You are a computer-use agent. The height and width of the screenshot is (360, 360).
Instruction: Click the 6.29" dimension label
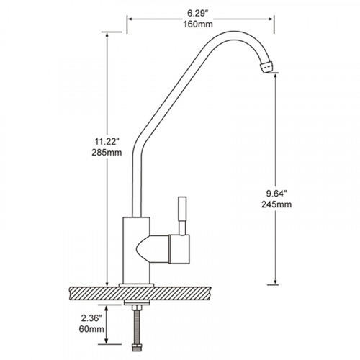pos(197,14)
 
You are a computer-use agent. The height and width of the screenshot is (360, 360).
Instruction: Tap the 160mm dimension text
pos(198,24)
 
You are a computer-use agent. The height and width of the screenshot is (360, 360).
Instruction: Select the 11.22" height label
pos(107,142)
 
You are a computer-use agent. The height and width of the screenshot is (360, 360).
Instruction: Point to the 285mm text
pos(107,153)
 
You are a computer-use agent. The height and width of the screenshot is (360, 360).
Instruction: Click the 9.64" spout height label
pos(276,194)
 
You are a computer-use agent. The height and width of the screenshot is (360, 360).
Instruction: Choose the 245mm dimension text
pos(276,204)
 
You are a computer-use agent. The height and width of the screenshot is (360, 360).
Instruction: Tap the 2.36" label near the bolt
pos(91,318)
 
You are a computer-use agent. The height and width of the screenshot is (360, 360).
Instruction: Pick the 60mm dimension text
pos(91,329)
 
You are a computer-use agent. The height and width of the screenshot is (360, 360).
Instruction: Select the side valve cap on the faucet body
pos(179,249)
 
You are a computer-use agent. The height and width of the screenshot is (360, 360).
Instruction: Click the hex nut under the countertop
pos(137,308)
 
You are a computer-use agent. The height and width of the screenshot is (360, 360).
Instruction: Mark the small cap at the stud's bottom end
pos(137,348)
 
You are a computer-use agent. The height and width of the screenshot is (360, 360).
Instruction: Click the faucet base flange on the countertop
pos(136,285)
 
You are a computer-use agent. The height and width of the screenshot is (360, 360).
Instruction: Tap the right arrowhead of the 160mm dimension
pos(271,19)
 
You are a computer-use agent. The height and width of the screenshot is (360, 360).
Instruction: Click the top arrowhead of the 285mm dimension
pos(107,35)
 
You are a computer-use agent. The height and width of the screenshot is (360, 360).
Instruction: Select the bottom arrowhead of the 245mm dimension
pos(276,282)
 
